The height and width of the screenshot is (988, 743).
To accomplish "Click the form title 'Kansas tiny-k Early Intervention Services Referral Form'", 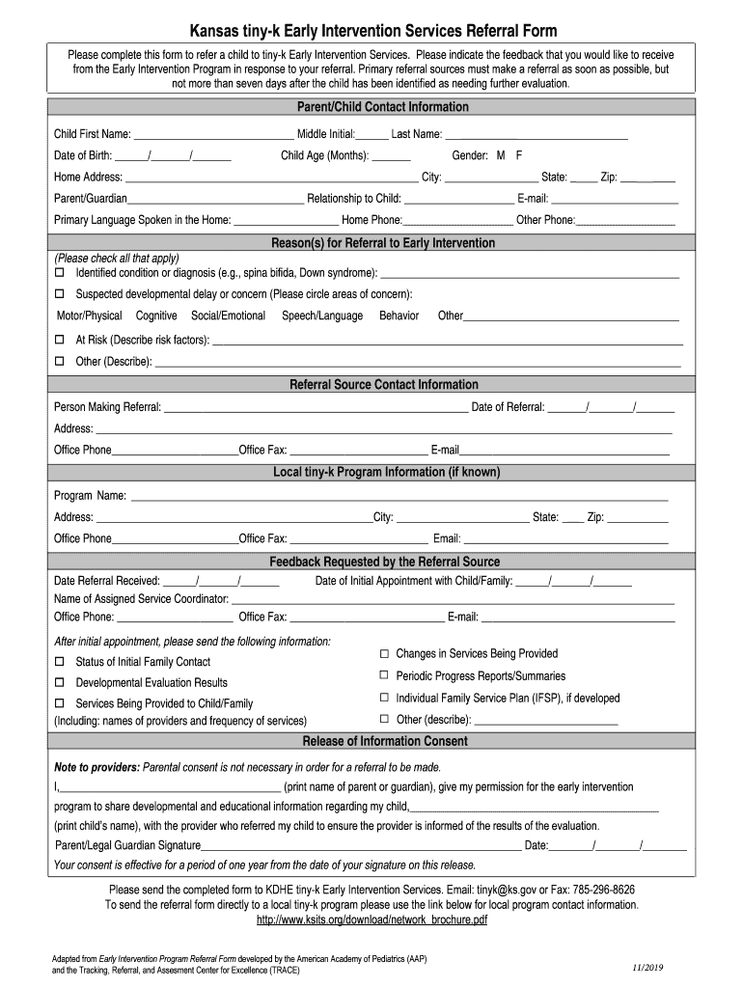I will (371, 32).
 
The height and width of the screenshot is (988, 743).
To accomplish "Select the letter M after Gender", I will (501, 155).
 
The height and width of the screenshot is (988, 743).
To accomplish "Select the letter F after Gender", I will (519, 155).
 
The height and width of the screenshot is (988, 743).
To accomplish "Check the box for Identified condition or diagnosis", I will (59, 273).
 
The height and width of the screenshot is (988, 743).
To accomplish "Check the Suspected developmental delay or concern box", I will (59, 293).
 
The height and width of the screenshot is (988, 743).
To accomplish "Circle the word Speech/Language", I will (322, 316).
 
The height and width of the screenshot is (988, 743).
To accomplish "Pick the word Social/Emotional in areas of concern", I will (228, 316).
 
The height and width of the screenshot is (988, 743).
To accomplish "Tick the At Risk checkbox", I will (59, 340).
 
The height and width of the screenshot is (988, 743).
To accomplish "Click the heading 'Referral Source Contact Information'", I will (371, 384).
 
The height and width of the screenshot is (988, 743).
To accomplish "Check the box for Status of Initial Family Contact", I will (59, 662).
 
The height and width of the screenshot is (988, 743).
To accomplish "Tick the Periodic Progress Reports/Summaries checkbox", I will (384, 675).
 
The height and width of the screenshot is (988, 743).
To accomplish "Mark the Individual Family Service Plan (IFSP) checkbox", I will (384, 698).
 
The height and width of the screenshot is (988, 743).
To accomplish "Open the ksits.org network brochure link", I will (371, 919).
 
